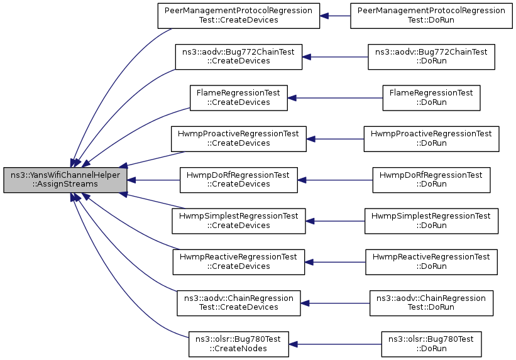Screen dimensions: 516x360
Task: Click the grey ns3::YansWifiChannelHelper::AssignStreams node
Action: [x=65, y=180]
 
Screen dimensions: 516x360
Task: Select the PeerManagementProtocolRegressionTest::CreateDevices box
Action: [x=239, y=16]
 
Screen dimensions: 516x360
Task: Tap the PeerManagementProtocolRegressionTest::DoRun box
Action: [x=431, y=16]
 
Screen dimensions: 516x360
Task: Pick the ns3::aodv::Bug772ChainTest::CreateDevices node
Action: [x=239, y=57]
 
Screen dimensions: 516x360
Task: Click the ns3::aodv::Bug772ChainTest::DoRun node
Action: [x=431, y=57]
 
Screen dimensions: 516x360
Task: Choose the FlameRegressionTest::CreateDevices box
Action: [x=239, y=98]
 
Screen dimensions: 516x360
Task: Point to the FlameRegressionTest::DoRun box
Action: [x=431, y=98]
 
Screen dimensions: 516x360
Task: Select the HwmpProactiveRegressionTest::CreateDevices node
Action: [x=239, y=139]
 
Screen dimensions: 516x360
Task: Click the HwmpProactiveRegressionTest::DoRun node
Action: [x=431, y=139]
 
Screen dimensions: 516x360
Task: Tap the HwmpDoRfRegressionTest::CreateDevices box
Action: [x=239, y=180]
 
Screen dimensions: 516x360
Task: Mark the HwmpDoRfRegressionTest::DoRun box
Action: [x=431, y=180]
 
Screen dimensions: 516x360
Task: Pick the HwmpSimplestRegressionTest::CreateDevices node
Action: [x=239, y=221]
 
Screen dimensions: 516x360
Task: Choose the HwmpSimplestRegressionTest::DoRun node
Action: [x=431, y=221]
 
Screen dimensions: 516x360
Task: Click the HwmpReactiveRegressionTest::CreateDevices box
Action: [x=239, y=262]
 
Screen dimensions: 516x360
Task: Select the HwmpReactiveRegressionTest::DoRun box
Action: [x=431, y=262]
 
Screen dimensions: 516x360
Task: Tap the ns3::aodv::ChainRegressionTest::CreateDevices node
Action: [x=239, y=303]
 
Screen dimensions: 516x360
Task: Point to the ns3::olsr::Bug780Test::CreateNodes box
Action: [x=239, y=344]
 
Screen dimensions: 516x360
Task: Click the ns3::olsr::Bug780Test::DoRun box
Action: [x=431, y=344]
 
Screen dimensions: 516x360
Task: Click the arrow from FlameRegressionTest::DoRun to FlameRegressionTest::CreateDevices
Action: [x=335, y=98]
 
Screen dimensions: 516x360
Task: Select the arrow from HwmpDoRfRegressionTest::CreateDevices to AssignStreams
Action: [x=153, y=180]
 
